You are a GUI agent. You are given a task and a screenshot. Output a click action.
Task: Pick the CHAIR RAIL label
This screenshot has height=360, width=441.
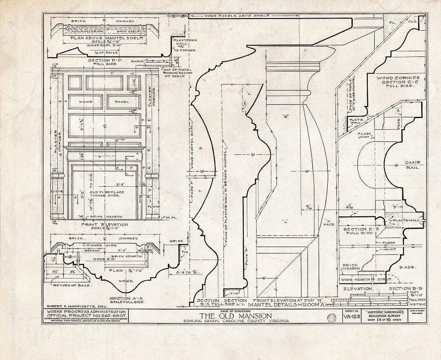coord(412,165)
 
